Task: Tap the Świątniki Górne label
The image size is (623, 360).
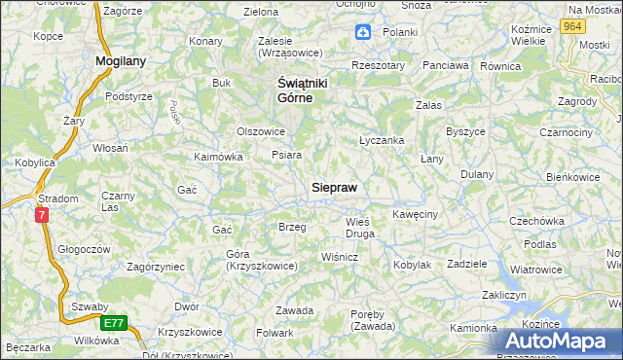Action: pyautogui.click(x=290, y=90)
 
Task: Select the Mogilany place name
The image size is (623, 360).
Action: pyautogui.click(x=121, y=60)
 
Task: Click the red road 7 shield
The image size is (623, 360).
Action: pyautogui.click(x=41, y=215)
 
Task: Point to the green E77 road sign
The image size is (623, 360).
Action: pyautogui.click(x=114, y=322)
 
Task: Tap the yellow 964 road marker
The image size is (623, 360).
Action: pyautogui.click(x=572, y=27)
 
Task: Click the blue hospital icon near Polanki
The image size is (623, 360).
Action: pyautogui.click(x=362, y=32)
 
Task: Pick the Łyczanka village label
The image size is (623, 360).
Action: pyautogui.click(x=382, y=140)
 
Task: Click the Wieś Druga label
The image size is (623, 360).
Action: pyautogui.click(x=359, y=227)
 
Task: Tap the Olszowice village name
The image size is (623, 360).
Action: pyautogui.click(x=261, y=131)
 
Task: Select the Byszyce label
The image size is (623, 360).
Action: pyautogui.click(x=465, y=130)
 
